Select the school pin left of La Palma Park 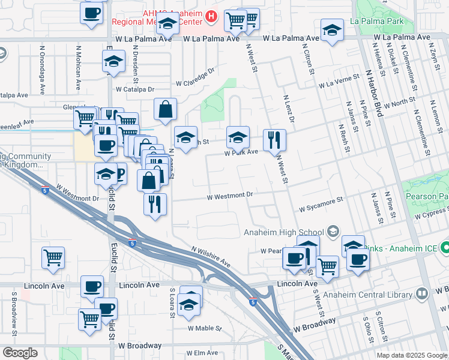coord(332,31)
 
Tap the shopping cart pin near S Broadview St coord(53,257)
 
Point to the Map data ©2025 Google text coord(412,355)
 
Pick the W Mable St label coord(204,328)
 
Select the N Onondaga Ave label coord(43,70)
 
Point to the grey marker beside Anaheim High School coord(333,232)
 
